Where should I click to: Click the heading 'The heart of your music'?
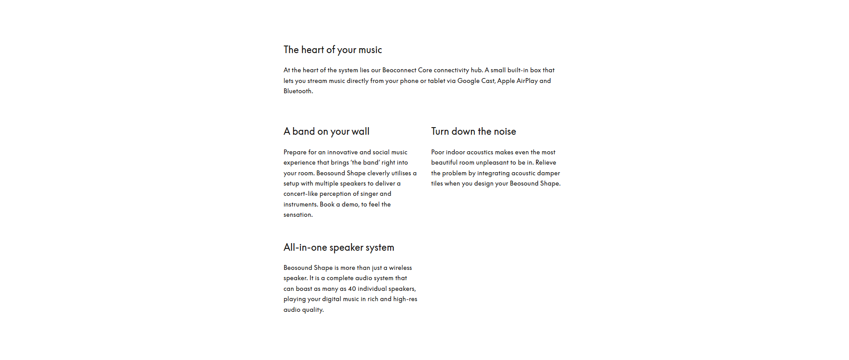coord(333,50)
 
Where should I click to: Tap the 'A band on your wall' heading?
coord(326,132)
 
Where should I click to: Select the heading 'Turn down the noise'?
coord(474,132)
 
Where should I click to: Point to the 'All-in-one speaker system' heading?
coord(339,248)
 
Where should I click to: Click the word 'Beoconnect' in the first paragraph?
coord(399,70)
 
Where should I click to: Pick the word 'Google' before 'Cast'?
coord(468,81)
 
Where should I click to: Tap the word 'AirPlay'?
coord(527,81)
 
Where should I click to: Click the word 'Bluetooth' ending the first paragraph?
coord(297,91)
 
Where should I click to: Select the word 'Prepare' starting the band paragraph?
coord(295,152)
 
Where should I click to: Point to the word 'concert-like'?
coord(301,194)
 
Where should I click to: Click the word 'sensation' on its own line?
coord(297,215)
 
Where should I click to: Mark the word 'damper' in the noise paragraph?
coord(548,173)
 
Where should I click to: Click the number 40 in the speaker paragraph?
coord(352,289)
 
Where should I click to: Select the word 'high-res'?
coord(405,299)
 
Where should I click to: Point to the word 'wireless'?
coord(400,268)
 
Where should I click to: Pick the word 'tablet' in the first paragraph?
coord(437,81)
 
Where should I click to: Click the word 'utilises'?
coord(401,173)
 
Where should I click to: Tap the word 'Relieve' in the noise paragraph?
coord(546,162)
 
